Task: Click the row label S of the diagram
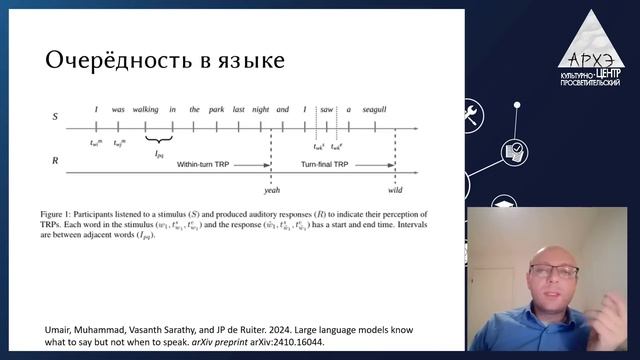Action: point(55,117)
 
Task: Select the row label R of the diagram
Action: point(55,160)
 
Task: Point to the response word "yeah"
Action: point(271,189)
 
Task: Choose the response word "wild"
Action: point(395,189)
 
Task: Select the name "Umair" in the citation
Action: point(61,329)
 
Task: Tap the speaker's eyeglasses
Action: point(548,270)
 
